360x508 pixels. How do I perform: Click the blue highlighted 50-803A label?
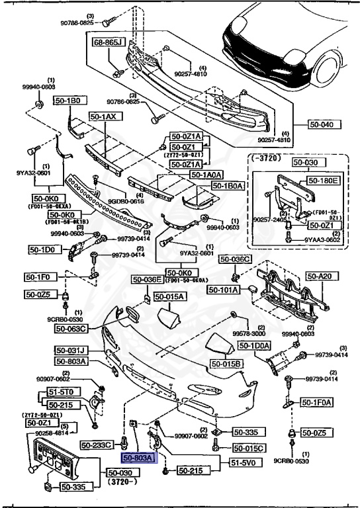click(x=138, y=457)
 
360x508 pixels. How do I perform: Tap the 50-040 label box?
click(x=324, y=124)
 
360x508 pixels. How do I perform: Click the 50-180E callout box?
click(x=324, y=179)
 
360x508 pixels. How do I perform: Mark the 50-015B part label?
click(x=227, y=364)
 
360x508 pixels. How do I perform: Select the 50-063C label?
click(x=72, y=327)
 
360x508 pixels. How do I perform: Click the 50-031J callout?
click(x=72, y=350)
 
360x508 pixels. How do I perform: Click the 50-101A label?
click(x=224, y=289)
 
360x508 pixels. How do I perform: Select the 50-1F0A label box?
click(x=317, y=402)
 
